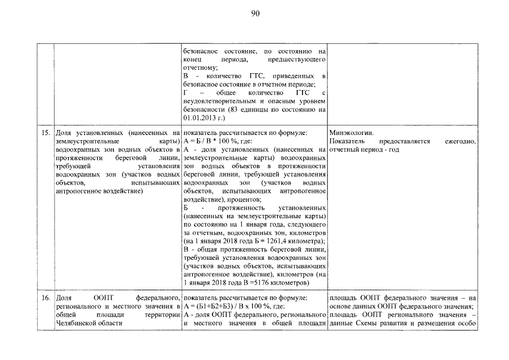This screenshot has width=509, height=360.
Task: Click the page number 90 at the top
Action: (255, 13)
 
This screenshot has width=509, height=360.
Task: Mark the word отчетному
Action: (200, 66)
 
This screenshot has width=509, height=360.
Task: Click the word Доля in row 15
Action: (64, 133)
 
